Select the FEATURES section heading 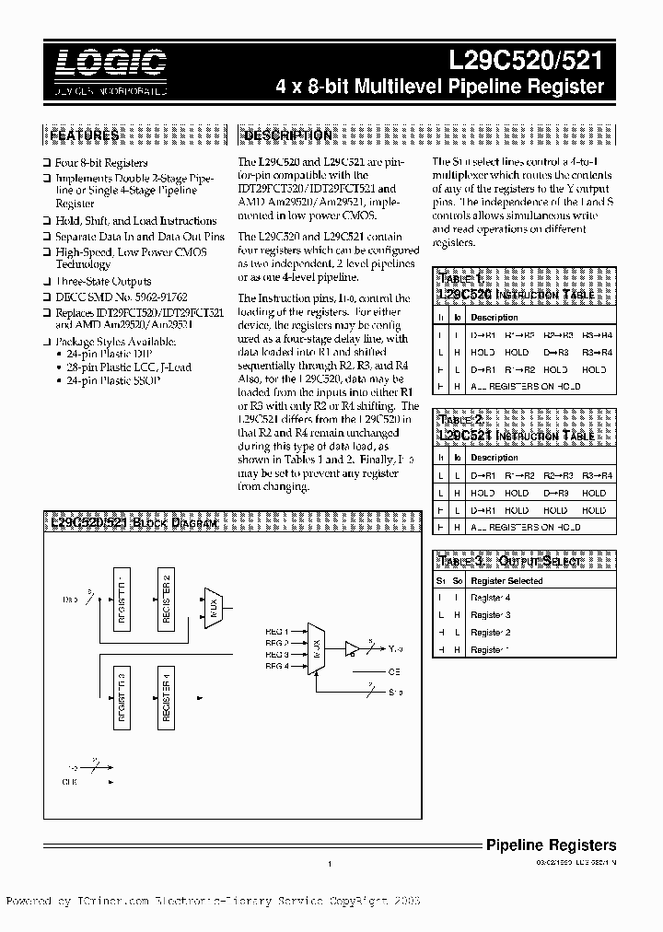(x=84, y=135)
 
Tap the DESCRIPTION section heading (x=287, y=135)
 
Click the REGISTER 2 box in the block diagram (x=167, y=598)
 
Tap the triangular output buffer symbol (x=351, y=648)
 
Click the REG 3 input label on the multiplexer (x=277, y=654)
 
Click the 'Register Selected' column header (x=506, y=581)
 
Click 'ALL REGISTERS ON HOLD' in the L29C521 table (x=525, y=527)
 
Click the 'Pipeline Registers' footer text (x=551, y=845)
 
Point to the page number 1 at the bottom (x=330, y=864)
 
